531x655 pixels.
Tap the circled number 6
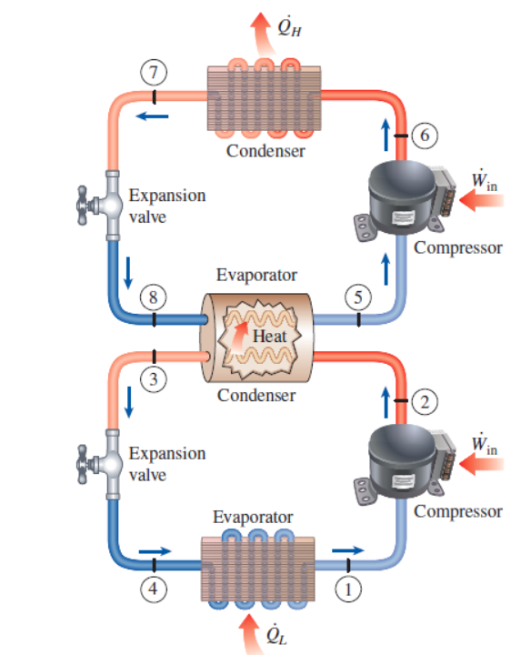(419, 136)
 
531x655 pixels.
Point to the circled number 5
(359, 296)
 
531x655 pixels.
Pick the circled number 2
(419, 401)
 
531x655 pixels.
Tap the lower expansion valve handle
(87, 459)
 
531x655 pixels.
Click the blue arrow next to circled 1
(348, 550)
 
